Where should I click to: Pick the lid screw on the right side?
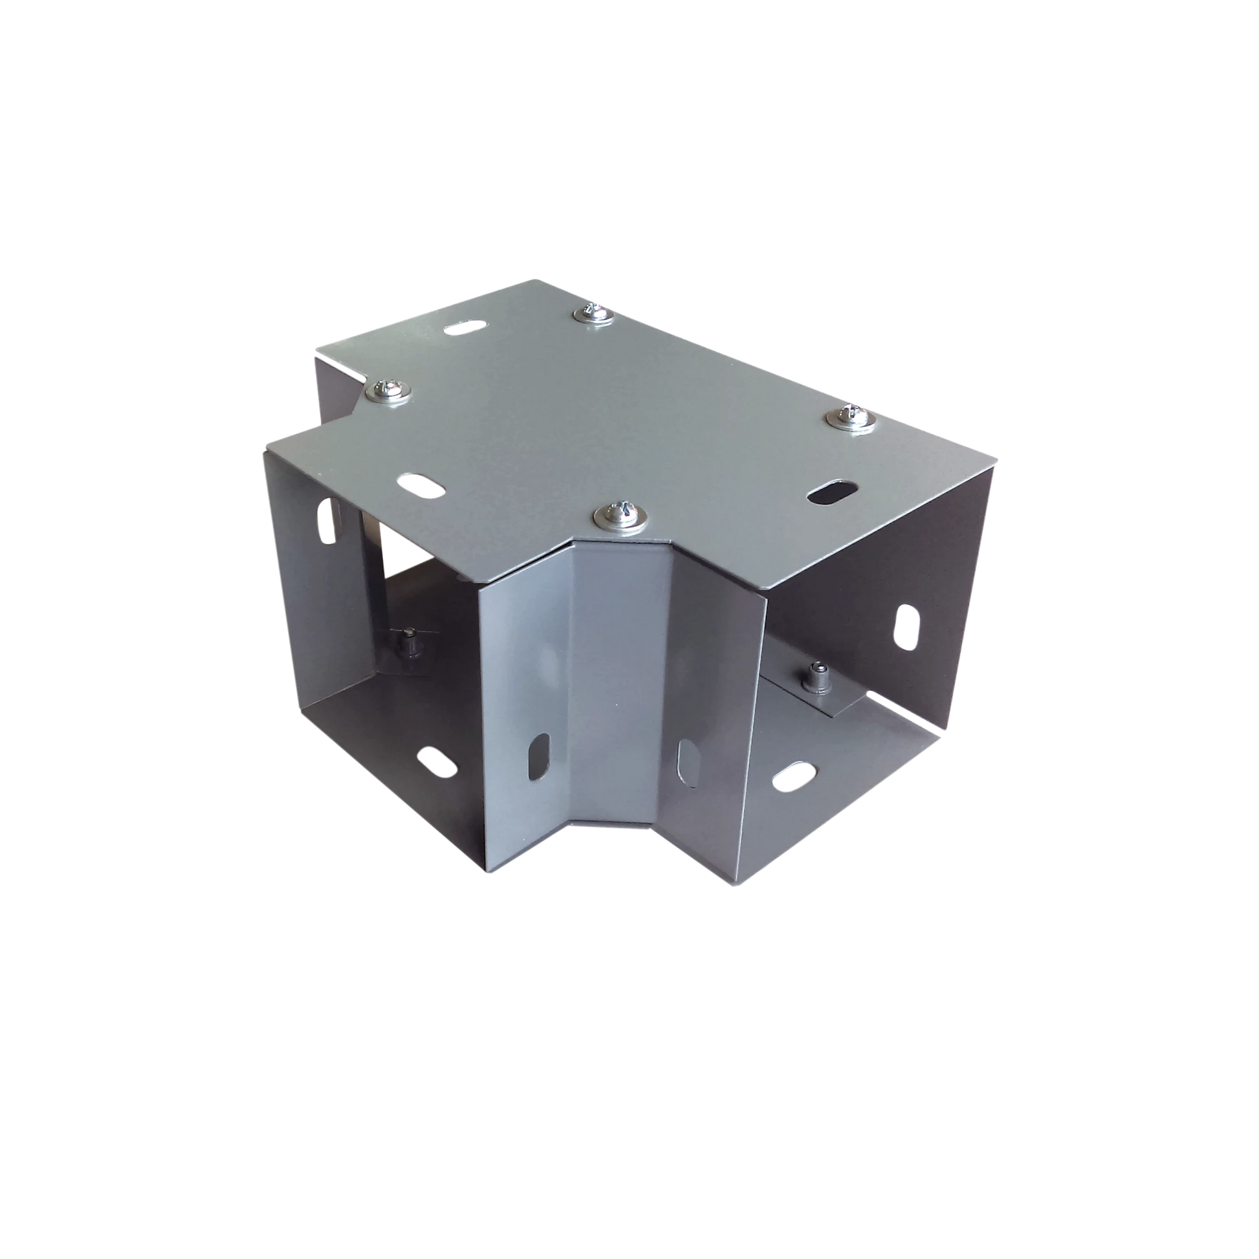click(x=850, y=417)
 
